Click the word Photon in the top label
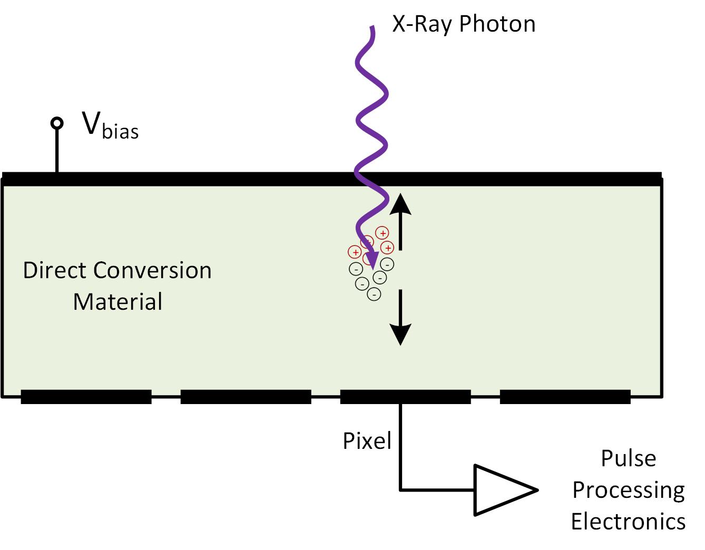tap(497, 24)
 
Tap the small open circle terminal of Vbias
tap(56, 123)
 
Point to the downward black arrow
tap(400, 317)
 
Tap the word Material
tap(117, 302)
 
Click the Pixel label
tap(367, 441)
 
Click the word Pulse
tap(628, 458)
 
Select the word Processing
tap(628, 490)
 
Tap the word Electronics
tap(628, 522)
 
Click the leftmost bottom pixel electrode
tap(86, 397)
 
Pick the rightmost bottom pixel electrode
tap(565, 397)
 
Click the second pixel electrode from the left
tap(246, 397)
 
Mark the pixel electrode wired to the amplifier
tap(405, 397)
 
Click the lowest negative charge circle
tap(374, 294)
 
